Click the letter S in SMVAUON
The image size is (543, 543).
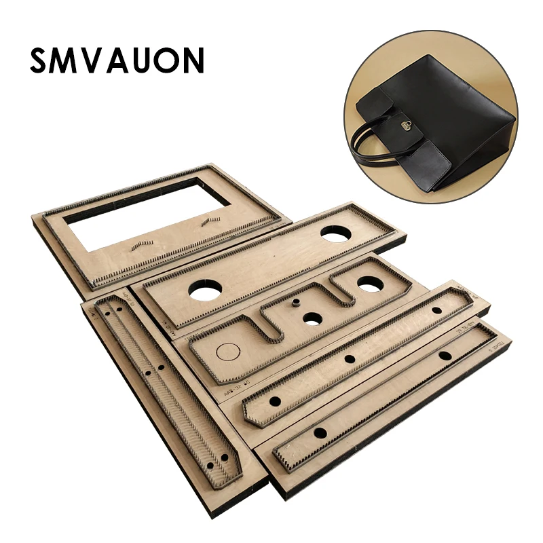41,60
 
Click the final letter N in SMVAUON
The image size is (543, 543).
191,60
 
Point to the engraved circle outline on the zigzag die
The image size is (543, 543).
228,351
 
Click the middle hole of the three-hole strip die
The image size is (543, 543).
350,359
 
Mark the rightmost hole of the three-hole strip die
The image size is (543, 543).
437,310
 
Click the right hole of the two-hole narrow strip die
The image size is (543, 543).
445,356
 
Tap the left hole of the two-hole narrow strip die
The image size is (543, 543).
320,432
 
